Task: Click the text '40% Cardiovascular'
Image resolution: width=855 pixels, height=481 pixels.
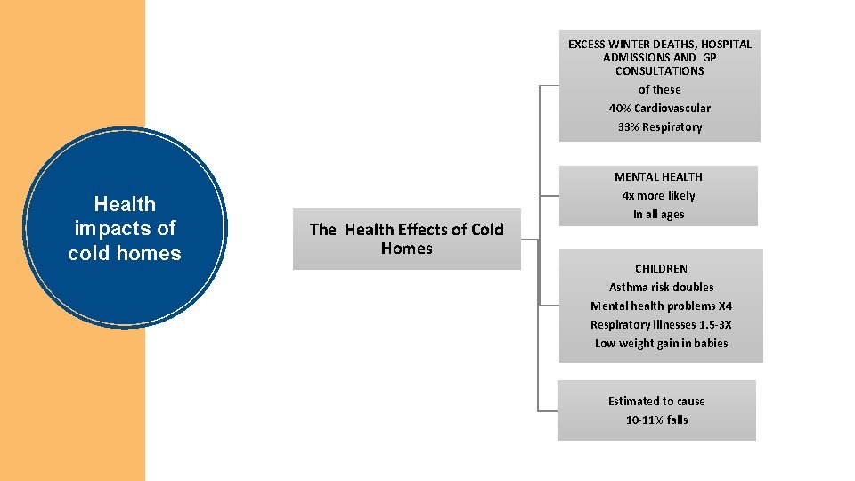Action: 659,108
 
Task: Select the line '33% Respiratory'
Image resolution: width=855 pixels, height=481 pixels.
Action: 659,126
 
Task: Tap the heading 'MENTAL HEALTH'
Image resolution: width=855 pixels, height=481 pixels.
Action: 658,176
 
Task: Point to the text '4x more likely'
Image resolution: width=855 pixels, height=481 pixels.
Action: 658,195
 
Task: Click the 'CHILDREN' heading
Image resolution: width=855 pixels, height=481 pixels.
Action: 661,268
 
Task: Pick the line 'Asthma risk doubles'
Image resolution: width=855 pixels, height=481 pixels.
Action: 661,287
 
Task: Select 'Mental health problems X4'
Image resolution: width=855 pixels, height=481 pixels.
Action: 661,306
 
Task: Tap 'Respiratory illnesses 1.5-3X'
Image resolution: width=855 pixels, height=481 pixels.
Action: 661,324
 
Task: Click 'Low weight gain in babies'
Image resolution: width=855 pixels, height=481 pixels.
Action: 661,343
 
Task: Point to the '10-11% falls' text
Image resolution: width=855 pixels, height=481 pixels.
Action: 656,420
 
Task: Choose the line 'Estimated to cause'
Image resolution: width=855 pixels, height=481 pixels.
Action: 656,401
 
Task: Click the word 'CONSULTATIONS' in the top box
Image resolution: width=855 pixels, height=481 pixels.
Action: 659,70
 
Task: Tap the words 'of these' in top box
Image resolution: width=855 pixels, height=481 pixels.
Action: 659,89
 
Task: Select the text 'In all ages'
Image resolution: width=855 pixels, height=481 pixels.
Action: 658,214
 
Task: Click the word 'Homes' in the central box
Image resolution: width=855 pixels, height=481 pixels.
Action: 406,249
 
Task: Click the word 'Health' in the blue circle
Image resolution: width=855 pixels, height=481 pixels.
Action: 125,204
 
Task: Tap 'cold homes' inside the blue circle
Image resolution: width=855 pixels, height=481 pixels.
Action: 125,253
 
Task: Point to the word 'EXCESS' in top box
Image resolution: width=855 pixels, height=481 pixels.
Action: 588,44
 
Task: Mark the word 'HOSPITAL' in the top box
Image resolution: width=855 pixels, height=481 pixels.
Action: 724,44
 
